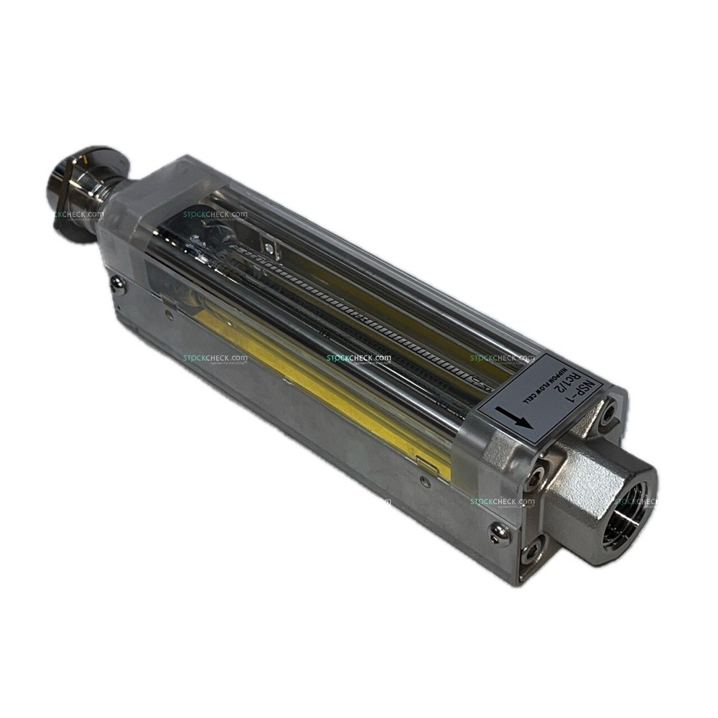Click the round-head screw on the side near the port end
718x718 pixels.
pos(497,531)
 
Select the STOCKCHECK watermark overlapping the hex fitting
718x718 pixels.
pos(632,501)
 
